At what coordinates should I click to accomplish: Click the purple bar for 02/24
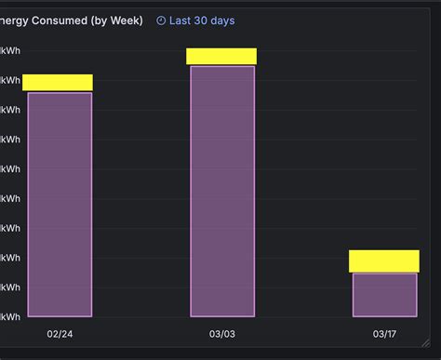click(60, 205)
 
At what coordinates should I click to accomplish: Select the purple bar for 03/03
click(222, 191)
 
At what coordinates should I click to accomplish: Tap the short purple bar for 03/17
click(384, 295)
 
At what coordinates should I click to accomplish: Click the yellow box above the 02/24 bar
click(58, 82)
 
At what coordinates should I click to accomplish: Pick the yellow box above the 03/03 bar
click(221, 56)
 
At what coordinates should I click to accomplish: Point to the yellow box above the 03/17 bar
click(384, 260)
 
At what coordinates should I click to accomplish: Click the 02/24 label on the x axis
click(60, 334)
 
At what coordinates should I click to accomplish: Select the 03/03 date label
click(222, 334)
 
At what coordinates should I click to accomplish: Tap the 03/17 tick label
click(384, 334)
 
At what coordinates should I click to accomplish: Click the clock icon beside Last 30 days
click(161, 20)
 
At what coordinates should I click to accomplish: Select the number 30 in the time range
click(201, 20)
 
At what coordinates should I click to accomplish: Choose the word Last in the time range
click(180, 20)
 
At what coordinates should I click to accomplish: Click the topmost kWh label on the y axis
click(10, 50)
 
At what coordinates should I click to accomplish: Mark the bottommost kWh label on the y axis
click(10, 316)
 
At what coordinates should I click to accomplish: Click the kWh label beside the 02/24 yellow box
click(10, 80)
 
